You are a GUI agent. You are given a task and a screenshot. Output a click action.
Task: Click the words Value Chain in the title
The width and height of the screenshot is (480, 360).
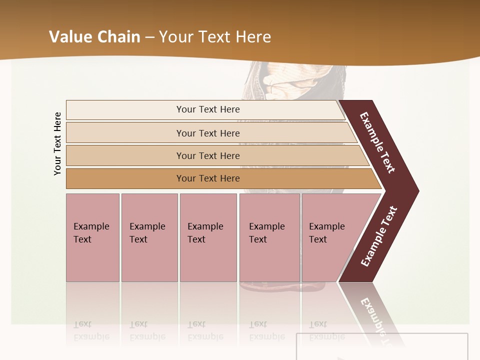94,37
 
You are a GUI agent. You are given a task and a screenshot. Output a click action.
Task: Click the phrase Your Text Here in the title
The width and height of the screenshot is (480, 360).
215,37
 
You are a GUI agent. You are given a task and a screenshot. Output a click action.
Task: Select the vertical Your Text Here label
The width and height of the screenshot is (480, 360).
58,143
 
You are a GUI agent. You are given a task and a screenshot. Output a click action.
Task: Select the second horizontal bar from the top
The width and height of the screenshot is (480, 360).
207,133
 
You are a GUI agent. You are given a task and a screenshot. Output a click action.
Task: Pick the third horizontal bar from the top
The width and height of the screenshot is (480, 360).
207,155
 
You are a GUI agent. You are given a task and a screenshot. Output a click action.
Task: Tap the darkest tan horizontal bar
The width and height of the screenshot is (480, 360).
207,178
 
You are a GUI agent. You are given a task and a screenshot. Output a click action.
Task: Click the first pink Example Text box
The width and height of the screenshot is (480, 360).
92,237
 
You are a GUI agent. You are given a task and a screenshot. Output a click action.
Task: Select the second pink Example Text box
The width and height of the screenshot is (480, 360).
149,237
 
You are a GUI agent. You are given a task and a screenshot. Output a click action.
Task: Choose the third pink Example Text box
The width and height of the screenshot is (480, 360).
208,237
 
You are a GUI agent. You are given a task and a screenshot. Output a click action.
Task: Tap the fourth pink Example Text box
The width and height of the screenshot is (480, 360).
269,237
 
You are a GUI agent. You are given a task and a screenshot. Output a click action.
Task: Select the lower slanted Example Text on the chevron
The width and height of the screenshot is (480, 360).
379,236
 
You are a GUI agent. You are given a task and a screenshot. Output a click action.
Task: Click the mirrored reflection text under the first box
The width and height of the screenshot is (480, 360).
91,331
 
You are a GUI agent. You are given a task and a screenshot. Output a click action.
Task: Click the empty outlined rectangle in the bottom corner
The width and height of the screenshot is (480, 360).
382,346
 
